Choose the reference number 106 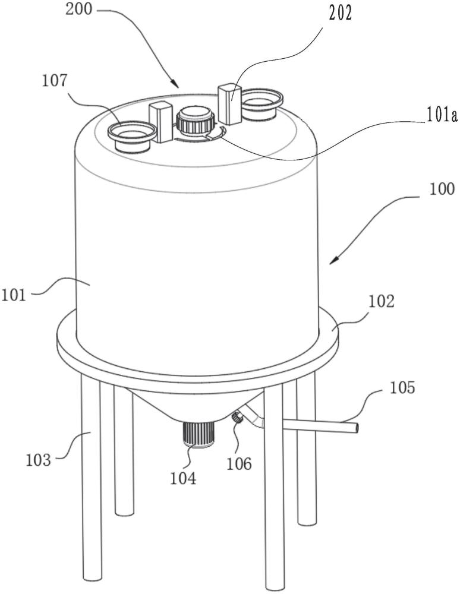point(238,462)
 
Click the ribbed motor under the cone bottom point(198,434)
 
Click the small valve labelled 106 point(237,419)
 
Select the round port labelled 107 point(131,134)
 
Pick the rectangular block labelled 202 point(230,104)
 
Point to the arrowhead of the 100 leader point(332,262)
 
